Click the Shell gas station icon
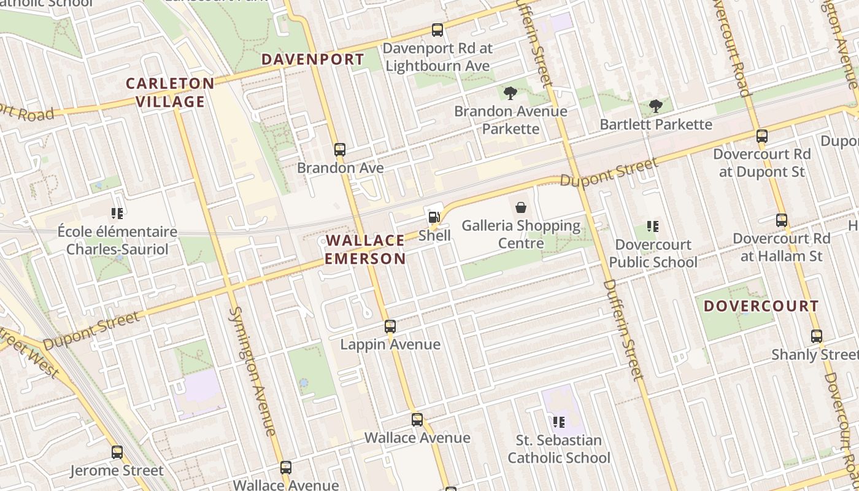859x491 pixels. point(434,217)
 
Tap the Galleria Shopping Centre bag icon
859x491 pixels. point(521,207)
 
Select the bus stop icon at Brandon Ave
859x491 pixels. point(339,149)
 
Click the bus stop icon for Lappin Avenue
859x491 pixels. point(390,326)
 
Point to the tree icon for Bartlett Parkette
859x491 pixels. point(656,106)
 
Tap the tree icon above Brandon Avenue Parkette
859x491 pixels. point(510,93)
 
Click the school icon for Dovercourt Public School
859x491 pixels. point(653,226)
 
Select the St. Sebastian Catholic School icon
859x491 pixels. point(558,422)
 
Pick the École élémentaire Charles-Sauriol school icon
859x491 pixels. point(117,214)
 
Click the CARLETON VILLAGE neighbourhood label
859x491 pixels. point(170,93)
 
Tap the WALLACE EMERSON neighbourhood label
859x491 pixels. point(365,249)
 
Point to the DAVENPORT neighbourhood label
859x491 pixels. point(312,60)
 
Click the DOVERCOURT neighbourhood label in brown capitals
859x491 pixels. point(761,306)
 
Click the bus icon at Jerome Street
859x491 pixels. point(117,452)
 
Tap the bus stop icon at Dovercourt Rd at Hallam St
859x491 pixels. point(781,220)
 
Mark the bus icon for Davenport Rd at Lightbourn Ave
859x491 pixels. point(437,29)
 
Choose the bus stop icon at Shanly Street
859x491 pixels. point(816,336)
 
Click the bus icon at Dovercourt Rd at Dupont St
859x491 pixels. point(761,136)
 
